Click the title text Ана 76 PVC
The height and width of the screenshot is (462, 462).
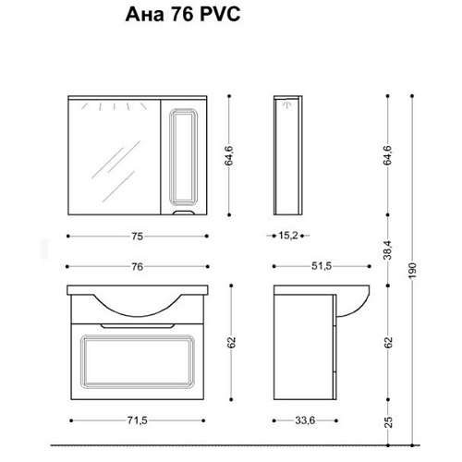(183, 15)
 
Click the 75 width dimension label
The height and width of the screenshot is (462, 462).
(138, 237)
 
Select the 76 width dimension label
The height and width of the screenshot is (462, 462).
(138, 267)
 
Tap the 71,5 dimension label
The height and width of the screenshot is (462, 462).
(138, 420)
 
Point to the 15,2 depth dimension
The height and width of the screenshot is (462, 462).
(288, 236)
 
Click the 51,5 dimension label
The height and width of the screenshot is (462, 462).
(322, 266)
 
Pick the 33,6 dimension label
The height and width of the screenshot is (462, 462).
(305, 420)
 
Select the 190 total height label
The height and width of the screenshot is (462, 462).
(413, 271)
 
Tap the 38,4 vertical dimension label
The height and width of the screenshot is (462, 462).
(388, 250)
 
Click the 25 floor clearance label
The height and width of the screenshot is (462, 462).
(389, 422)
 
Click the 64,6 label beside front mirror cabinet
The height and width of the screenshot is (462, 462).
(229, 156)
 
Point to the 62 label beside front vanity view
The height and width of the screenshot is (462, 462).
(232, 343)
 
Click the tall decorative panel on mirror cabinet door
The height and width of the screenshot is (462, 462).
(184, 157)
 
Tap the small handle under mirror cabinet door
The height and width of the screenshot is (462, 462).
(184, 213)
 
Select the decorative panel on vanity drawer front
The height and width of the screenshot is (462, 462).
(138, 361)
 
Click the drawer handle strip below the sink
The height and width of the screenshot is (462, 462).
(138, 325)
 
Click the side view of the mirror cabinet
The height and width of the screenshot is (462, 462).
(288, 155)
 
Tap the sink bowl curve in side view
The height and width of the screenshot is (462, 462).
(358, 310)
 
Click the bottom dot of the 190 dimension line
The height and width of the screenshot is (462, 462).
(412, 445)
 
